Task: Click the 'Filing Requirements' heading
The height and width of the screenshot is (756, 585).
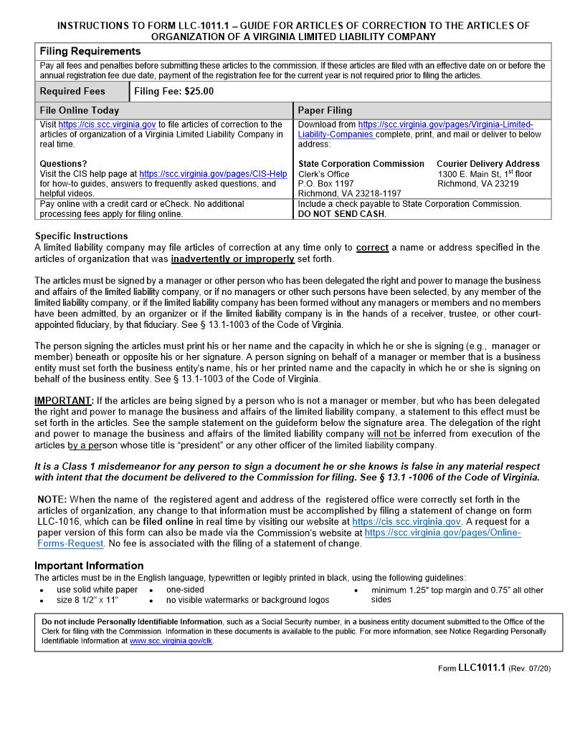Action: [90, 52]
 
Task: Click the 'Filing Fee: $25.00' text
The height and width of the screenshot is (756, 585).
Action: [173, 92]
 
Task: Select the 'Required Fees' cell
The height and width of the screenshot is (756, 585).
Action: [72, 92]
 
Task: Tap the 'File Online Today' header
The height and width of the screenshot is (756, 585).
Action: [80, 111]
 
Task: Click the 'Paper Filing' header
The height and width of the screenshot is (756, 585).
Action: [325, 111]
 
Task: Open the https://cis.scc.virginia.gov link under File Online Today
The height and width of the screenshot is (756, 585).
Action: [107, 125]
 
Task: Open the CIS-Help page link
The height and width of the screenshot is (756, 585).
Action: [213, 174]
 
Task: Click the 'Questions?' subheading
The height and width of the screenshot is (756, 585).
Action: [63, 164]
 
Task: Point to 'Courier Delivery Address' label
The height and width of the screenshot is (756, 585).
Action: [487, 164]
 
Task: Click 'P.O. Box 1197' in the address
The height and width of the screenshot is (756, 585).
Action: [326, 184]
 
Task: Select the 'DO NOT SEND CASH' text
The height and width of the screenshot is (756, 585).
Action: [341, 214]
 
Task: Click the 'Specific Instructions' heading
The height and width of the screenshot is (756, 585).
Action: [81, 236]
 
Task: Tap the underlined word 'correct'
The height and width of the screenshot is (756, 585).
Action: [372, 248]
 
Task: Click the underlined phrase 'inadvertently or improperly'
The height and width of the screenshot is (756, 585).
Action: [232, 259]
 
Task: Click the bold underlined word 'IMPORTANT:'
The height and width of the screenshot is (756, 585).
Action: [64, 400]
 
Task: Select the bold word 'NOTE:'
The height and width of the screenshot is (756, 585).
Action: [52, 500]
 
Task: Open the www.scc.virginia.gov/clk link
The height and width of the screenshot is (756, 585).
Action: [171, 641]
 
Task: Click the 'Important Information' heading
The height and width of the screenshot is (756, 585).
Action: [89, 566]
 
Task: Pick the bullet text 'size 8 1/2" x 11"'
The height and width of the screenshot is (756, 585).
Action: [87, 600]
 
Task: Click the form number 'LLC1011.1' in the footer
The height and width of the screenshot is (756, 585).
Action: [482, 668]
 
